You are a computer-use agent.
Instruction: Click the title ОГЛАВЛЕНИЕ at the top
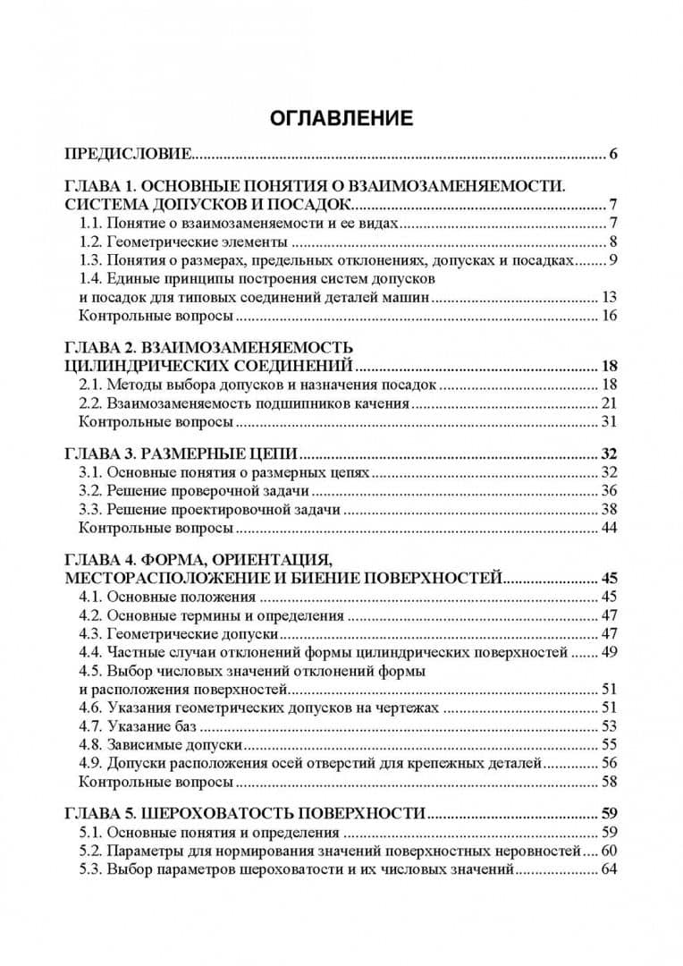point(341,119)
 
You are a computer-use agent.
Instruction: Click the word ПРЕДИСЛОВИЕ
point(128,154)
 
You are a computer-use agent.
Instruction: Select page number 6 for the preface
point(613,154)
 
